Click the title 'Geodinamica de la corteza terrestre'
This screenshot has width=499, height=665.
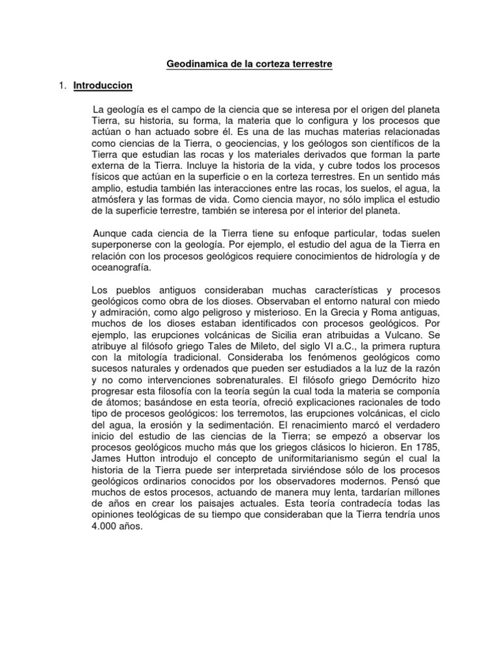pyautogui.click(x=249, y=65)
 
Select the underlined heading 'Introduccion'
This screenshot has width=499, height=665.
pyautogui.click(x=103, y=85)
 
